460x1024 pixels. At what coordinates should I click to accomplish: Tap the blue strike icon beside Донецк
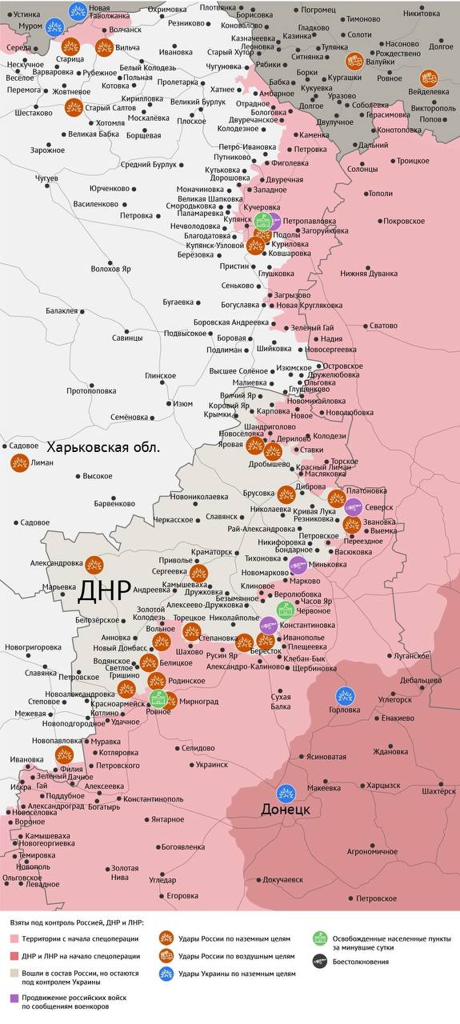click(x=286, y=794)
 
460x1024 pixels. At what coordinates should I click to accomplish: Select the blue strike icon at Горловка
click(x=345, y=695)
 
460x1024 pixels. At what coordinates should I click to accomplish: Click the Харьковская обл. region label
click(x=103, y=447)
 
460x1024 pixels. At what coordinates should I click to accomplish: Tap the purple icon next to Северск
click(x=354, y=506)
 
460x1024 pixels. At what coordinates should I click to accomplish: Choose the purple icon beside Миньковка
click(x=298, y=565)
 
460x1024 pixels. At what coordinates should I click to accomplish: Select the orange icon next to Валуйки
click(x=354, y=61)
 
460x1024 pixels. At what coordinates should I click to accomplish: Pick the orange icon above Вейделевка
click(x=430, y=78)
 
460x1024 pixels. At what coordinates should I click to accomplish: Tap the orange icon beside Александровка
click(x=94, y=564)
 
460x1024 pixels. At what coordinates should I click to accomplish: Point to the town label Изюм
click(x=183, y=403)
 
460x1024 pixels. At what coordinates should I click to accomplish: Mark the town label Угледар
click(x=162, y=880)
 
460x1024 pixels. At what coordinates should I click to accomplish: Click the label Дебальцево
click(x=421, y=680)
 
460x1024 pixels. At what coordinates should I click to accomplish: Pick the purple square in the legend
click(x=14, y=998)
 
